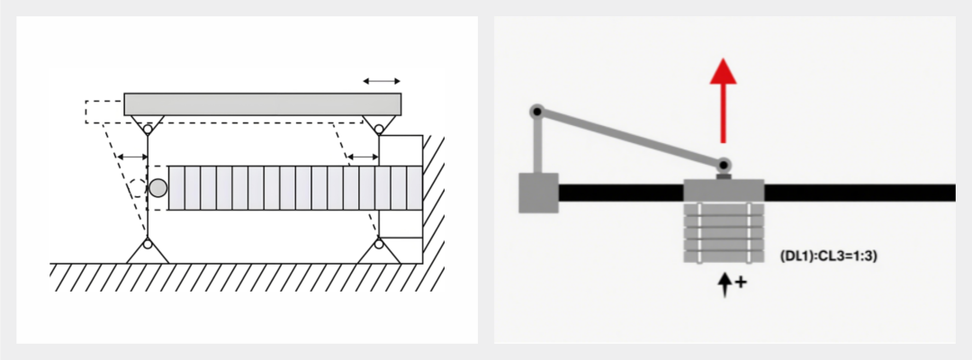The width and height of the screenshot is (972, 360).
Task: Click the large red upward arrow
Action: coord(723,101)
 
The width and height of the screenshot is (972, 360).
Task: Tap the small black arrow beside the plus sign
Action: coord(724,284)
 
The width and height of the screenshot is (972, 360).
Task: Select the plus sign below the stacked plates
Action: coord(741,282)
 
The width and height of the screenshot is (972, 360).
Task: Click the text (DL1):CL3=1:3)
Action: coord(828,255)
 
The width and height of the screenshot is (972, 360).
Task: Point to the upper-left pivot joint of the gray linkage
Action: coord(536,112)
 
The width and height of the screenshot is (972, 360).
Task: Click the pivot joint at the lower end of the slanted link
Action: coord(724,165)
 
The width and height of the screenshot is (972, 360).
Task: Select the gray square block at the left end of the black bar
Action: coord(539,193)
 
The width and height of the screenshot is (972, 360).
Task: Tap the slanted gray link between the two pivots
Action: coord(630,139)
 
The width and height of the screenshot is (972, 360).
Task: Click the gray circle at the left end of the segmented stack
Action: coord(158,188)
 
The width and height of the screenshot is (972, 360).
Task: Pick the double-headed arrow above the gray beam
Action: coord(382,81)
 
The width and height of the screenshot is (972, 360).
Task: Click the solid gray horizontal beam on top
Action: coord(262,104)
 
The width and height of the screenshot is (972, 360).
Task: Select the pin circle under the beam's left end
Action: coord(148,130)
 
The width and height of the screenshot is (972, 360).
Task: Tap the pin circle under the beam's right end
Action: coord(379,130)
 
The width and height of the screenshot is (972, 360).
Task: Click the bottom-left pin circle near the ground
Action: coord(148,244)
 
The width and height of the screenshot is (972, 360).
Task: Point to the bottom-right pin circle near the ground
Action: coord(379,244)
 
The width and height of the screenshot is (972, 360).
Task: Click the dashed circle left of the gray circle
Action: coord(138,188)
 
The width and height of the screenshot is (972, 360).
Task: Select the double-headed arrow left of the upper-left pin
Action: coord(132,157)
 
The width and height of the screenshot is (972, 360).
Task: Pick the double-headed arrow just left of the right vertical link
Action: coord(364,157)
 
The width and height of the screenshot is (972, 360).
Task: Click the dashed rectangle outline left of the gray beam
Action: coord(104,112)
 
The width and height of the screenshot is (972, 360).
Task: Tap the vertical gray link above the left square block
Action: coord(536,144)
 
